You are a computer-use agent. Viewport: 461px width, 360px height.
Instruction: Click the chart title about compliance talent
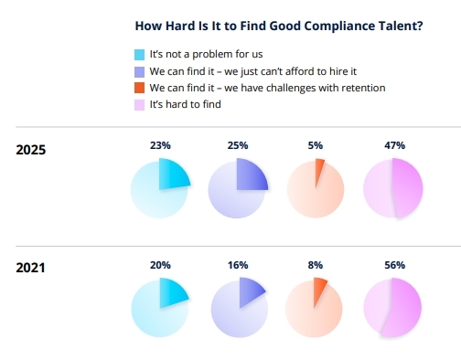point(278,26)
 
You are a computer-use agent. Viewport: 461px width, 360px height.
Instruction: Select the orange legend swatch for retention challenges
point(138,89)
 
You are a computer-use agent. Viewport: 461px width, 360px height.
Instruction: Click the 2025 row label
point(32,150)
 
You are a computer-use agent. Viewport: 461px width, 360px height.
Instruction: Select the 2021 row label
point(32,268)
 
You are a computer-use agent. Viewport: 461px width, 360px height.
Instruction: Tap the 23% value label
point(159,144)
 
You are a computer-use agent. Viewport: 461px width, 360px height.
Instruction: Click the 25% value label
point(237,144)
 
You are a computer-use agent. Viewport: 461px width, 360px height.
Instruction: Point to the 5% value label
point(315,144)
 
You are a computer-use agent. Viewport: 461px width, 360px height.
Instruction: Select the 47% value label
point(393,144)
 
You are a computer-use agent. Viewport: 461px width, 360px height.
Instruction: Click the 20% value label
point(159,265)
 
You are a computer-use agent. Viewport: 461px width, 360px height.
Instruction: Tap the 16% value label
point(237,265)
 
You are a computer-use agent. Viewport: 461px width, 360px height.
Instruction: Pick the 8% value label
point(315,265)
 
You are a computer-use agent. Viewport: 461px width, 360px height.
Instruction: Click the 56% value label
point(393,265)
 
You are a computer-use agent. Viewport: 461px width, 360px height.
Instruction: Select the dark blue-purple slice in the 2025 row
point(250,175)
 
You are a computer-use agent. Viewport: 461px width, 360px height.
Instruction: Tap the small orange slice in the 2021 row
point(320,291)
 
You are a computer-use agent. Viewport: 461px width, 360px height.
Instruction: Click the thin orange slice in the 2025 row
point(318,170)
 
